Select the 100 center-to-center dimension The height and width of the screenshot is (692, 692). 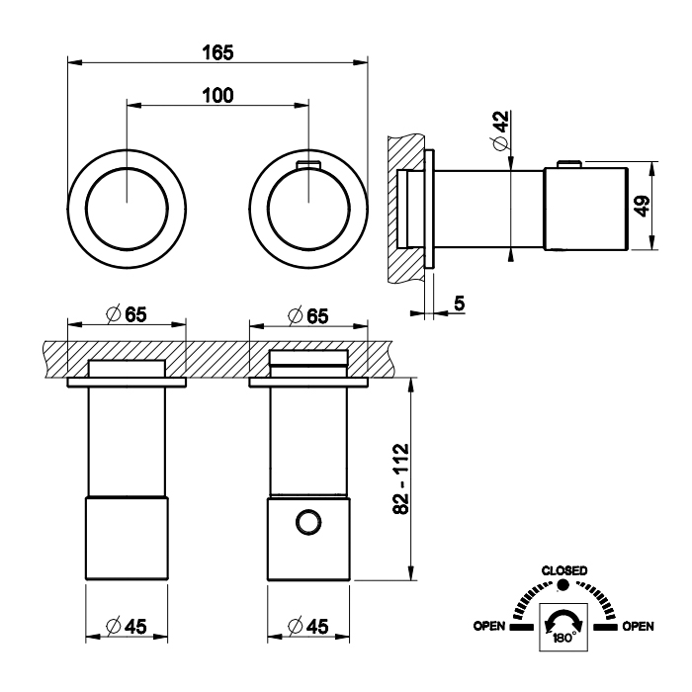tap(217, 95)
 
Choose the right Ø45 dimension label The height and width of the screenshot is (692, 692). tap(308, 627)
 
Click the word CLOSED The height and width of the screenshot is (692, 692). tap(564, 570)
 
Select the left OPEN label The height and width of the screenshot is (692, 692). tap(490, 626)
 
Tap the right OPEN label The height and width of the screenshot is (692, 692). tap(638, 626)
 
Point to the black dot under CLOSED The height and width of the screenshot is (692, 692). tap(564, 585)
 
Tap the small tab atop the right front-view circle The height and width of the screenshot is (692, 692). tap(308, 164)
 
